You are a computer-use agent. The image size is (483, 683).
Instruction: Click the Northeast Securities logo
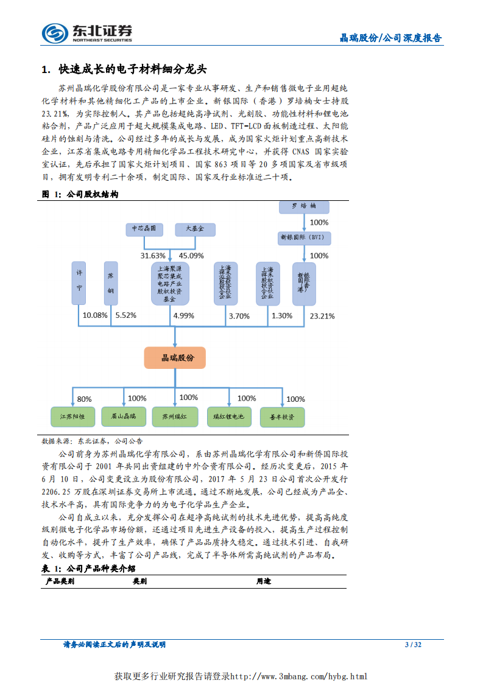[86, 32]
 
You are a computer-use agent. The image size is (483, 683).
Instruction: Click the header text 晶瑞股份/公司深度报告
[390, 38]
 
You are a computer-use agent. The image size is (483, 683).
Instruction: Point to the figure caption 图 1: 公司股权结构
[79, 194]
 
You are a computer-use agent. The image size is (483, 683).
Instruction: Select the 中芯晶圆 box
[144, 229]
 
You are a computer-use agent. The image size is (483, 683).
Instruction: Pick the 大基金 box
[195, 229]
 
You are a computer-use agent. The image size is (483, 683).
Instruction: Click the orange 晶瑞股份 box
[175, 358]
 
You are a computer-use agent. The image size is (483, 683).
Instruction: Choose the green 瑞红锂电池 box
[228, 416]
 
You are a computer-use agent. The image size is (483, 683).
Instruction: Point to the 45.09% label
[191, 255]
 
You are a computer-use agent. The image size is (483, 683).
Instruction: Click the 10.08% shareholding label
[95, 315]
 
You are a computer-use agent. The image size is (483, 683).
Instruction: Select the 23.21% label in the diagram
[322, 316]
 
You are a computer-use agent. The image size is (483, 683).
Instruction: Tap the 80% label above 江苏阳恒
[84, 399]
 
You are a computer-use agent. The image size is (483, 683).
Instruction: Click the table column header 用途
[263, 581]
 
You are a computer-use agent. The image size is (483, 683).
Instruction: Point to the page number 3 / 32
[413, 645]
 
